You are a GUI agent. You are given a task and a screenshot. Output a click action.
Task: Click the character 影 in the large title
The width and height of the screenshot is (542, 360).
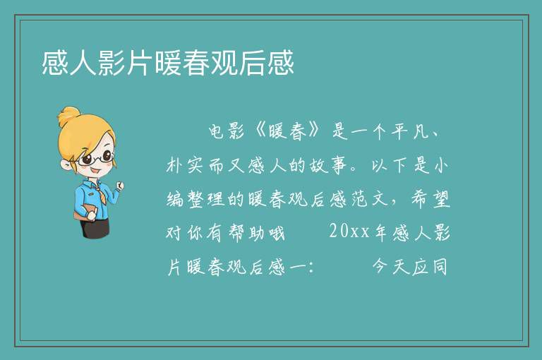pyautogui.click(x=112, y=63)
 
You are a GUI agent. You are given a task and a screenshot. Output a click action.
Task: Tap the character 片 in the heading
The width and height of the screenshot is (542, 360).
pyautogui.click(x=140, y=63)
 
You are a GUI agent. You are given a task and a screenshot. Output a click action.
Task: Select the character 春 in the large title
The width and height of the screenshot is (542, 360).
pyautogui.click(x=196, y=63)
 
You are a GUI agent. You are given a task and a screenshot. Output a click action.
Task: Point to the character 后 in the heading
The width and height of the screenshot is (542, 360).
pyautogui.click(x=252, y=63)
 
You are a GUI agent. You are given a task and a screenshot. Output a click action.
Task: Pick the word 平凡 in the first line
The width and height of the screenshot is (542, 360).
pyautogui.click(x=411, y=132)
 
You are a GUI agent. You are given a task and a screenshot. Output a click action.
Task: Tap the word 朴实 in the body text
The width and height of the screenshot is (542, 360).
pyautogui.click(x=184, y=165)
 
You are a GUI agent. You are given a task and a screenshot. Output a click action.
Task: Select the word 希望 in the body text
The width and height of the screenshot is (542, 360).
pyautogui.click(x=430, y=199)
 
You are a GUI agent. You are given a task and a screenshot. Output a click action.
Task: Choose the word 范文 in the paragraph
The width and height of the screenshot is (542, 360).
pyautogui.click(x=370, y=199)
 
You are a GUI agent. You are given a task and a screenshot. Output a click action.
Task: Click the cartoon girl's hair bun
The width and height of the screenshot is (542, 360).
pyautogui.click(x=69, y=116)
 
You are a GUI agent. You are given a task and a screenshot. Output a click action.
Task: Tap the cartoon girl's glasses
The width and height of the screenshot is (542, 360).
pyautogui.click(x=94, y=159)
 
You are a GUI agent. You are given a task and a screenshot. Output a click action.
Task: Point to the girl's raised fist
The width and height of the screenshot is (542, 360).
pyautogui.click(x=120, y=186)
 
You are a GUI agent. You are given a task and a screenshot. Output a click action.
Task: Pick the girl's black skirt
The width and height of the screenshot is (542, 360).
pyautogui.click(x=95, y=228)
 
